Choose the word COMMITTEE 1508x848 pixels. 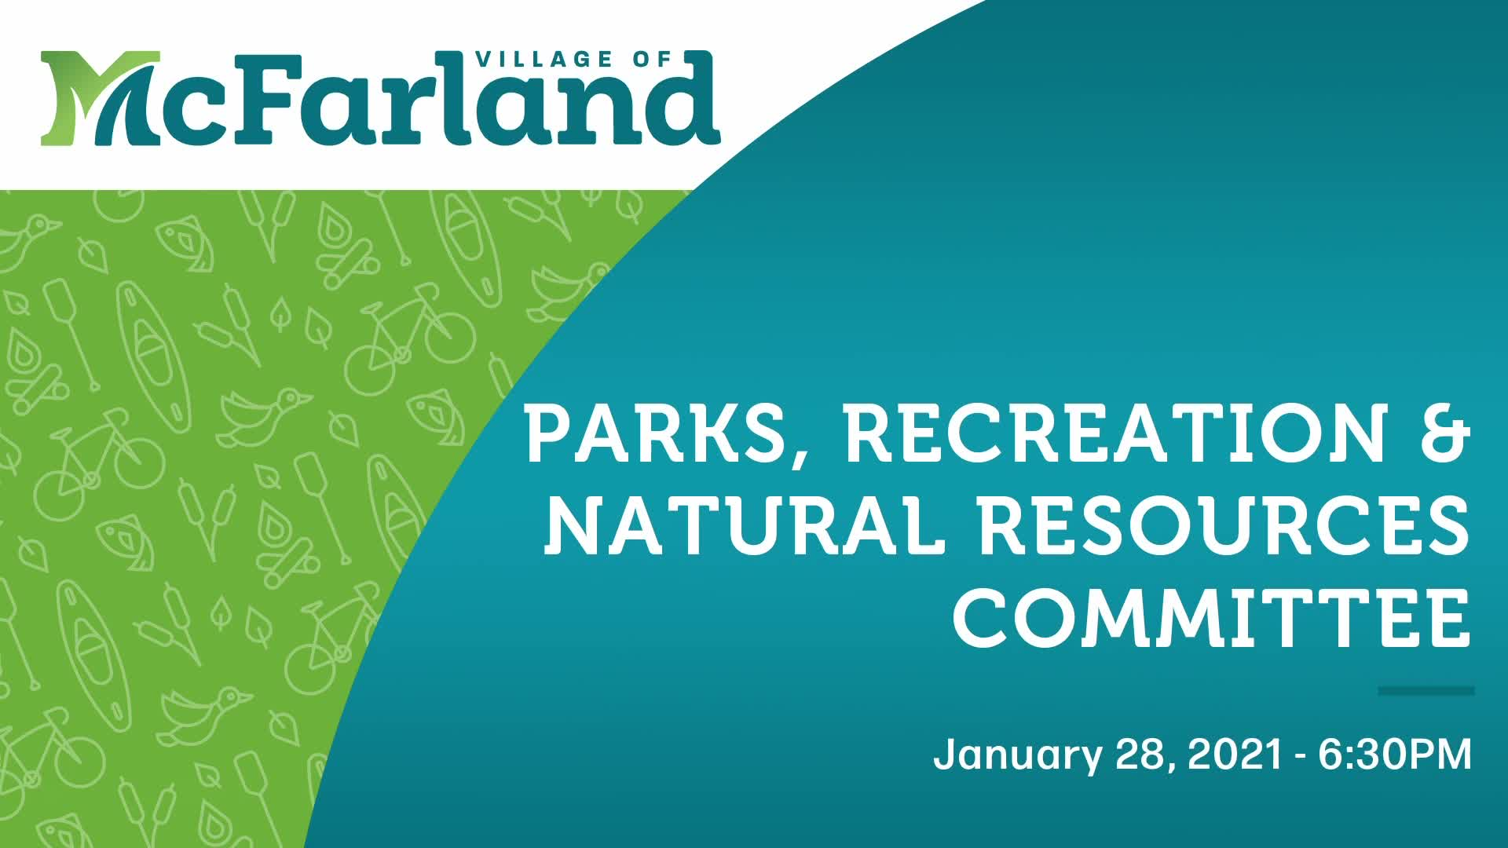tap(1210, 620)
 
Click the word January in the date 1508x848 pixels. tap(1016, 755)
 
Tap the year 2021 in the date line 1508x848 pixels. tap(1236, 755)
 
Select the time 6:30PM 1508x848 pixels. tap(1395, 755)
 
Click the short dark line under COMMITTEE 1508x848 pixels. tap(1426, 691)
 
